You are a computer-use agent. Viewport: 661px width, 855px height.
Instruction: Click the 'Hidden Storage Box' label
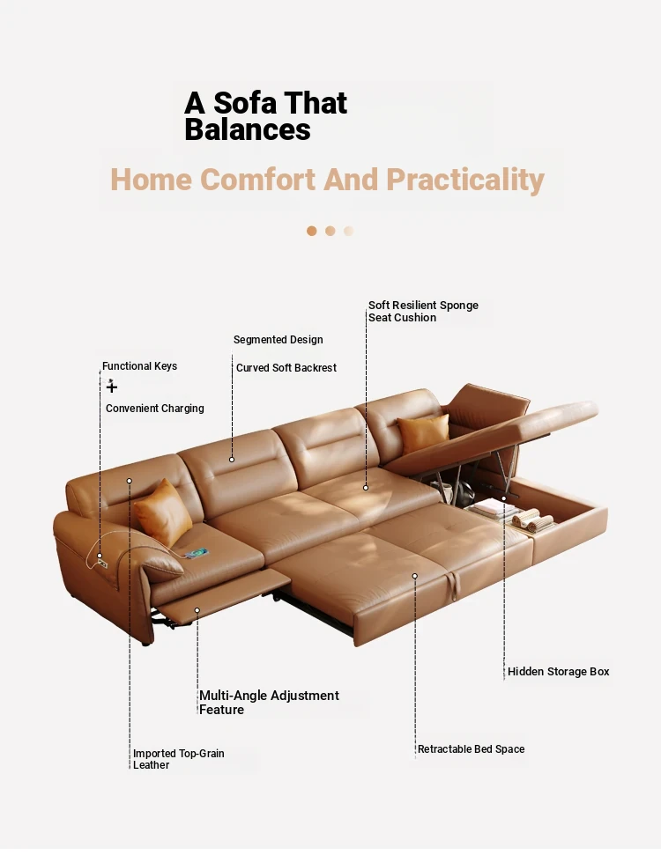click(558, 671)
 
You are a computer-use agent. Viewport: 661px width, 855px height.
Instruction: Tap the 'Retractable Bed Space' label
click(471, 748)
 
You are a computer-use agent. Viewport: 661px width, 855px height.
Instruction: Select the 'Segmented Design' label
click(278, 339)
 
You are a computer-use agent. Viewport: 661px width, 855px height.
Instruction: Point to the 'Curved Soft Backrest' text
click(286, 367)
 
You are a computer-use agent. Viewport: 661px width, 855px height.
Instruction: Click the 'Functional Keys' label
click(139, 366)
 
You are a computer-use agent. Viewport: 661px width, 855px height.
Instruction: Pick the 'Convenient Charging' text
click(154, 408)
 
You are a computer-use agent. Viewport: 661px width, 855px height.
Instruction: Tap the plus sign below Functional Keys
click(112, 387)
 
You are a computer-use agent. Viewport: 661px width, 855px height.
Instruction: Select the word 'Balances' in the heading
click(248, 129)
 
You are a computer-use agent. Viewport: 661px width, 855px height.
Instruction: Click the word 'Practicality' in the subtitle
click(465, 180)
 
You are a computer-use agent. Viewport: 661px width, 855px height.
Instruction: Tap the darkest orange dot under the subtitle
click(312, 232)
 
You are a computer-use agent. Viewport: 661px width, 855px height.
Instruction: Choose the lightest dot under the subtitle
click(348, 232)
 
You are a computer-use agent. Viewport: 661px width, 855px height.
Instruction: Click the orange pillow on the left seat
click(163, 512)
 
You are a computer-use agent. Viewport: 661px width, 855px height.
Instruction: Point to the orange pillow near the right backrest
click(424, 433)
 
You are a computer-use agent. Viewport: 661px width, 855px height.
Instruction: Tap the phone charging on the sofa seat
click(197, 554)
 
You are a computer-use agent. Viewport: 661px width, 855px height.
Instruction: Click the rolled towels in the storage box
click(532, 520)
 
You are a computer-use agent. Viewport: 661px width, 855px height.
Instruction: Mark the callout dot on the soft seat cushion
click(366, 488)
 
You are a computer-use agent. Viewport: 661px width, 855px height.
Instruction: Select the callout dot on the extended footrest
click(197, 610)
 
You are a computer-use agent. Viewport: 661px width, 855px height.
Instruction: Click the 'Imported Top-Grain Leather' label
click(179, 759)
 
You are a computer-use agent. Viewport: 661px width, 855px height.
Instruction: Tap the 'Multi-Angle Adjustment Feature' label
click(269, 703)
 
